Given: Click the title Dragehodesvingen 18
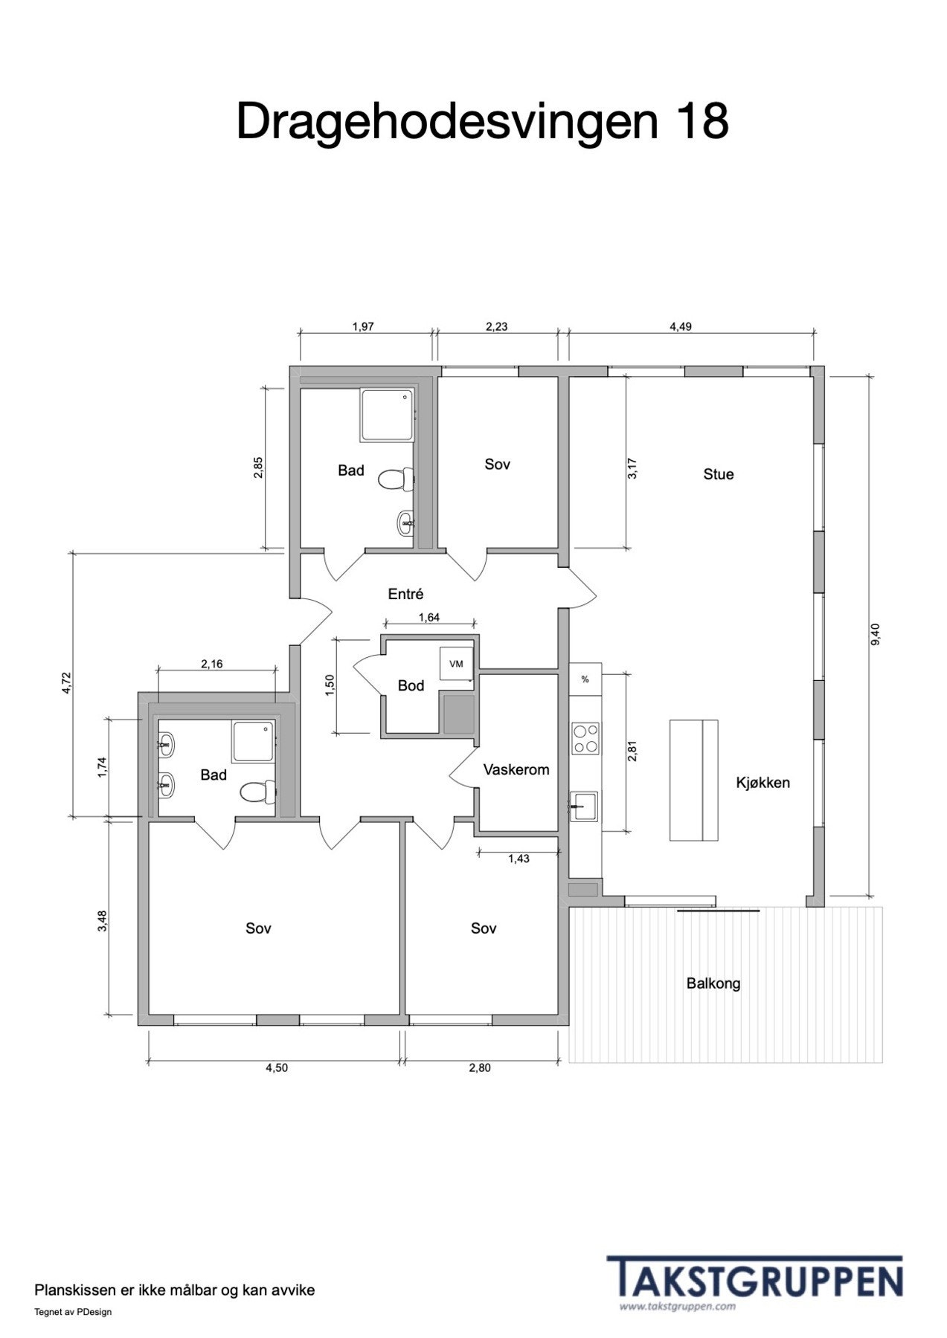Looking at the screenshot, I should click(x=482, y=120).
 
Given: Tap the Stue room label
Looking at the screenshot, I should click(x=718, y=474).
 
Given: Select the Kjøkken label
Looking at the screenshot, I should click(x=763, y=783).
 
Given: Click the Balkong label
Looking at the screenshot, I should click(x=713, y=983).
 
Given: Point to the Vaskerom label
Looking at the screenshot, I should click(x=516, y=770).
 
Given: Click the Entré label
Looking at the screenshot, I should click(x=405, y=594).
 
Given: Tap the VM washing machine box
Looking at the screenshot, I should click(x=456, y=664).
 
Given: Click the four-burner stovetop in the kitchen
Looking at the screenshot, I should click(x=585, y=739).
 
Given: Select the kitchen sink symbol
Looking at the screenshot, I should click(x=584, y=806).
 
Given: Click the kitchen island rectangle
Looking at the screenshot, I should click(x=693, y=780).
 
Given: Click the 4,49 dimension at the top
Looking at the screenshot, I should click(x=681, y=326).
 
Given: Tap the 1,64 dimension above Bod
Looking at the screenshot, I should click(x=429, y=617).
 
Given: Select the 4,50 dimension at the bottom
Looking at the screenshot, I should click(x=276, y=1068).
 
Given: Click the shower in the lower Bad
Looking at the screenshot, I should click(x=254, y=742).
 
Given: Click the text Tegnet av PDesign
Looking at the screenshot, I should click(x=73, y=1312).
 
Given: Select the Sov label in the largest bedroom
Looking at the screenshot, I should click(x=258, y=928).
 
